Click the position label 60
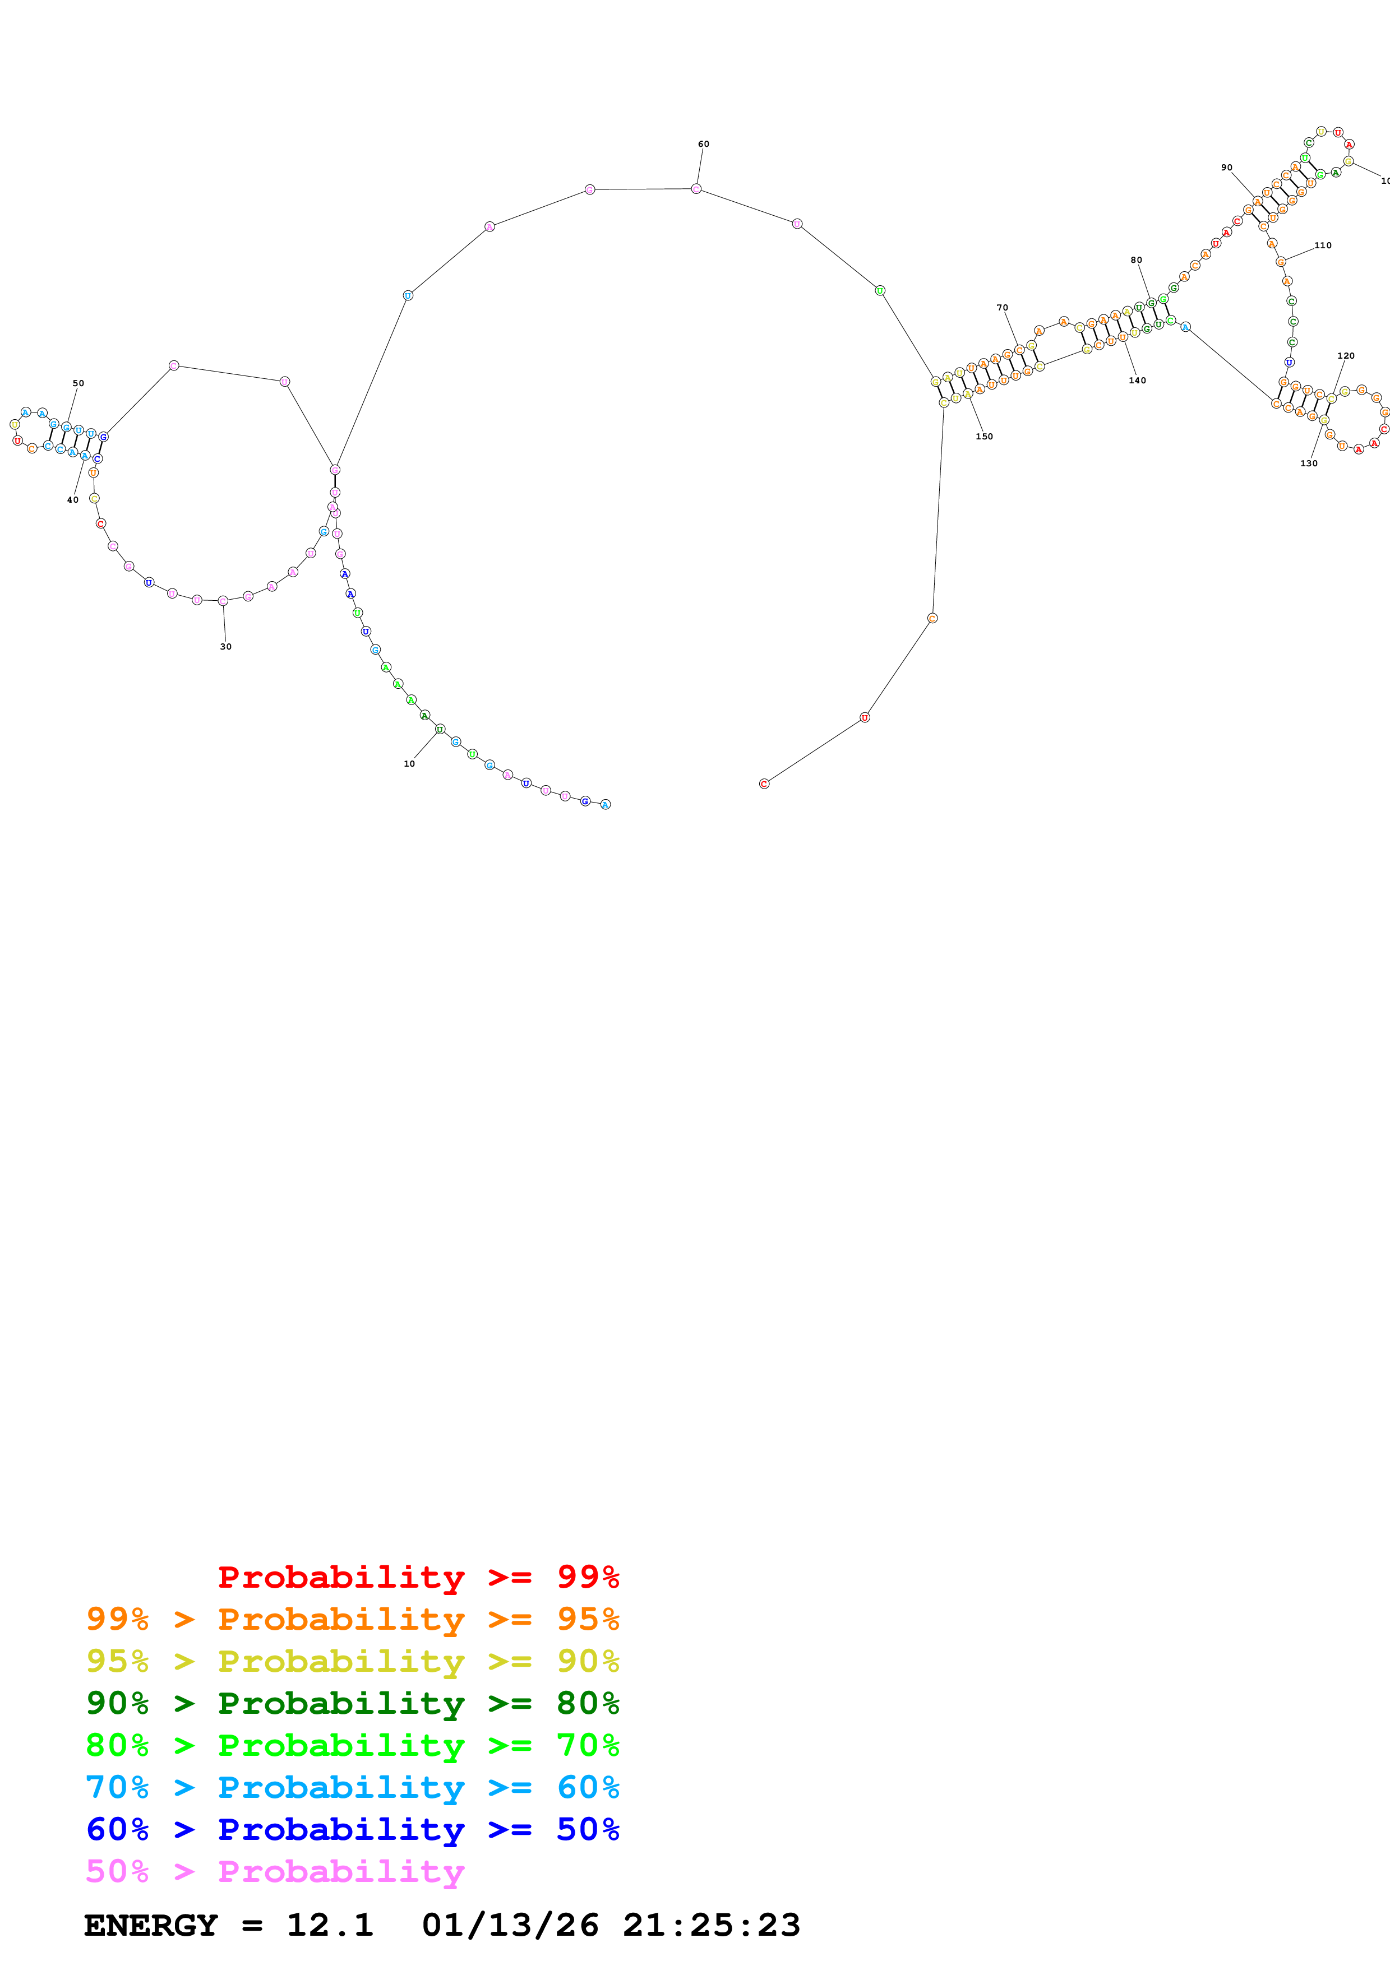tap(703, 144)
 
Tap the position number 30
tap(225, 647)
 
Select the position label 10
tap(409, 764)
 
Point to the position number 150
tap(984, 437)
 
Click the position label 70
tap(1002, 308)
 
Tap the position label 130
tap(1309, 463)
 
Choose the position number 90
tap(1226, 168)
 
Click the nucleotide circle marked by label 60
tap(696, 188)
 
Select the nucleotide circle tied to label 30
tap(223, 601)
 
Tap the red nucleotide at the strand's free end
tap(764, 783)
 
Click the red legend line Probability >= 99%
tap(418, 1577)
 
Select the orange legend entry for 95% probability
tap(353, 1619)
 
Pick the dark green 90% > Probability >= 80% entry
tap(353, 1703)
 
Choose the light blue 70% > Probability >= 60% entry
tap(353, 1787)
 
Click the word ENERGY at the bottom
tap(151, 1925)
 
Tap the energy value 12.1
tap(330, 1925)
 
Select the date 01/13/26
tap(510, 1925)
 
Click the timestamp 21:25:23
tap(711, 1925)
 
